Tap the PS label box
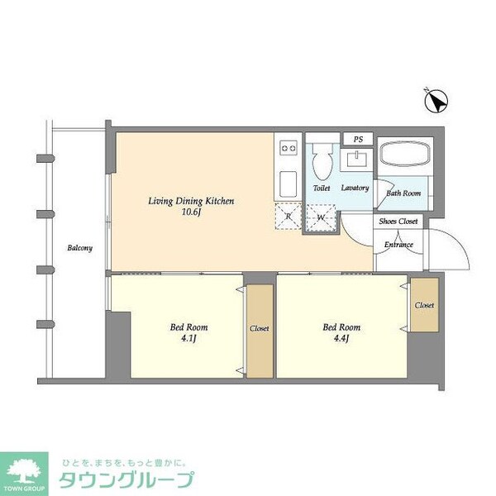358,139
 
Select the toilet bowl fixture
322,160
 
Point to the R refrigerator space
287,217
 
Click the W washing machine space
322,217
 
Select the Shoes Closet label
398,222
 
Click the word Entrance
398,245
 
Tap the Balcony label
79,248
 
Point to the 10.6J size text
191,212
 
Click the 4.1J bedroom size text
184,339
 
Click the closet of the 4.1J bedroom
259,329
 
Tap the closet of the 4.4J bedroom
424,306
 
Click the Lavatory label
355,188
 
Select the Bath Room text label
403,193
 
